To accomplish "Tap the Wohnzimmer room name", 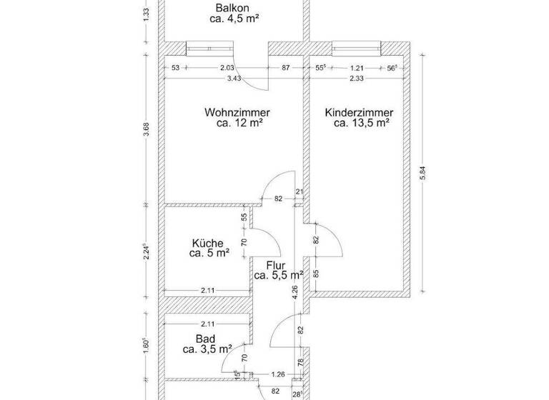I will (237, 112).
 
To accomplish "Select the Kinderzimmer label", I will (359, 112).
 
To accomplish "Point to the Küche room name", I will (207, 242).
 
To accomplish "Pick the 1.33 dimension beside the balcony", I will (146, 13).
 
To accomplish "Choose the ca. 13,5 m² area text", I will (361, 123).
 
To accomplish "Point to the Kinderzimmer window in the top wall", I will (357, 49).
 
